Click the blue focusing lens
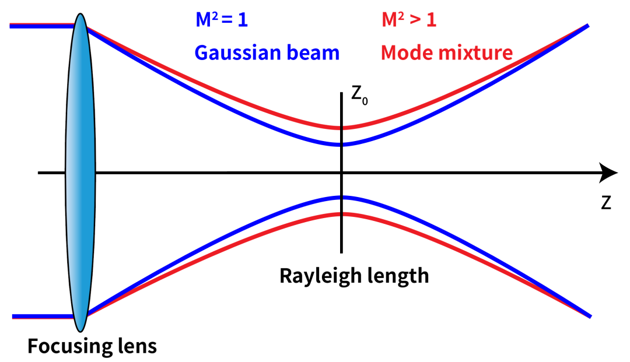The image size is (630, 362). tap(80, 173)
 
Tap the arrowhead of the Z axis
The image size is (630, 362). tap(608, 173)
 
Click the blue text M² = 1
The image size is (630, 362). tap(222, 20)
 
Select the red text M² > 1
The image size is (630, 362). tap(408, 20)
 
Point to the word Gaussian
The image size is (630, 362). tap(238, 53)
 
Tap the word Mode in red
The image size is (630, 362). tap(405, 52)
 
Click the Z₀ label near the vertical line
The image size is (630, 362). tap(359, 96)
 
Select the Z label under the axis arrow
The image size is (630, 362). tap(606, 203)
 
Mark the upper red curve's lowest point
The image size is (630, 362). tap(341, 128)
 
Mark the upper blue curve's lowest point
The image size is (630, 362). tap(341, 145)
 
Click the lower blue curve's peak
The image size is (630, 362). tap(341, 197)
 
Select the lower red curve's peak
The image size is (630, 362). tap(341, 213)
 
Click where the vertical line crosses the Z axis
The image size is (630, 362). tap(341, 173)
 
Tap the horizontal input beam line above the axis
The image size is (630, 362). tap(43, 26)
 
